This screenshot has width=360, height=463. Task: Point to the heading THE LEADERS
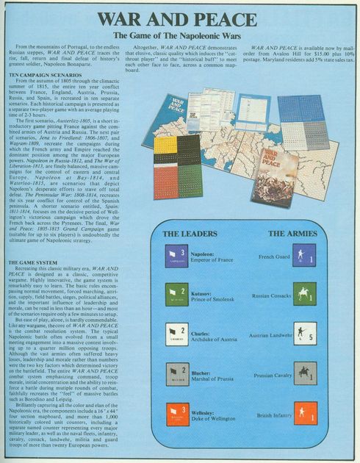point(189,234)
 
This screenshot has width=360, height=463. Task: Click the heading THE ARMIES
point(292,234)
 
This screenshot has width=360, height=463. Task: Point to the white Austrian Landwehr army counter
point(305,334)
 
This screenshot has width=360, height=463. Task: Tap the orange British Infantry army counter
point(305,413)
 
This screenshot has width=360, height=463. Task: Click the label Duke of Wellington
point(214,418)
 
